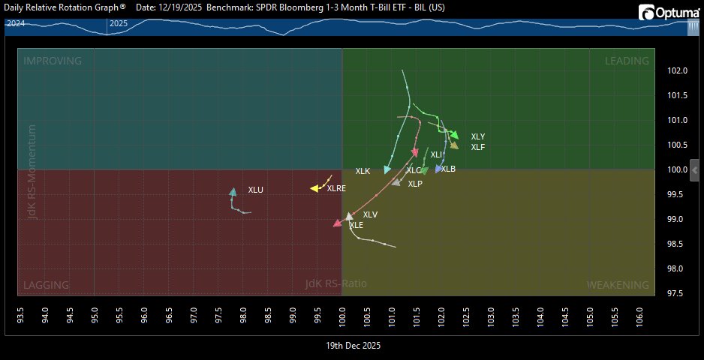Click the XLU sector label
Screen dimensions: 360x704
(x=256, y=190)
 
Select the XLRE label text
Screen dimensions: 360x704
(x=336, y=188)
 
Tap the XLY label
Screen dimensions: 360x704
(x=478, y=136)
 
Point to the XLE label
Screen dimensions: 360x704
(x=357, y=225)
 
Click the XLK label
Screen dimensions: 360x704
(x=363, y=172)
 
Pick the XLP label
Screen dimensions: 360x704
(x=415, y=184)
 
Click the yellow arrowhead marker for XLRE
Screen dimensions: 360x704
(x=315, y=188)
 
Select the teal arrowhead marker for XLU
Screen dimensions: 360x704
(x=233, y=192)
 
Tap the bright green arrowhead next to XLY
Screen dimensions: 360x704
(x=454, y=135)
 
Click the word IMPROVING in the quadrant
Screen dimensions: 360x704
(x=53, y=61)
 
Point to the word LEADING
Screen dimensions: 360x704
(x=627, y=61)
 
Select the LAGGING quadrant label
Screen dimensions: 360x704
(x=47, y=285)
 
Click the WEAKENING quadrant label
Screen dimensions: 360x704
(x=618, y=285)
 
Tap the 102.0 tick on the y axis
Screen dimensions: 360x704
(x=677, y=71)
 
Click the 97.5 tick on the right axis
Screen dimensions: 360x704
(x=677, y=293)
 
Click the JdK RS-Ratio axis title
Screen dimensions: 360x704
(x=336, y=283)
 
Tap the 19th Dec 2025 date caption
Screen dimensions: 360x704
(x=353, y=346)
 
